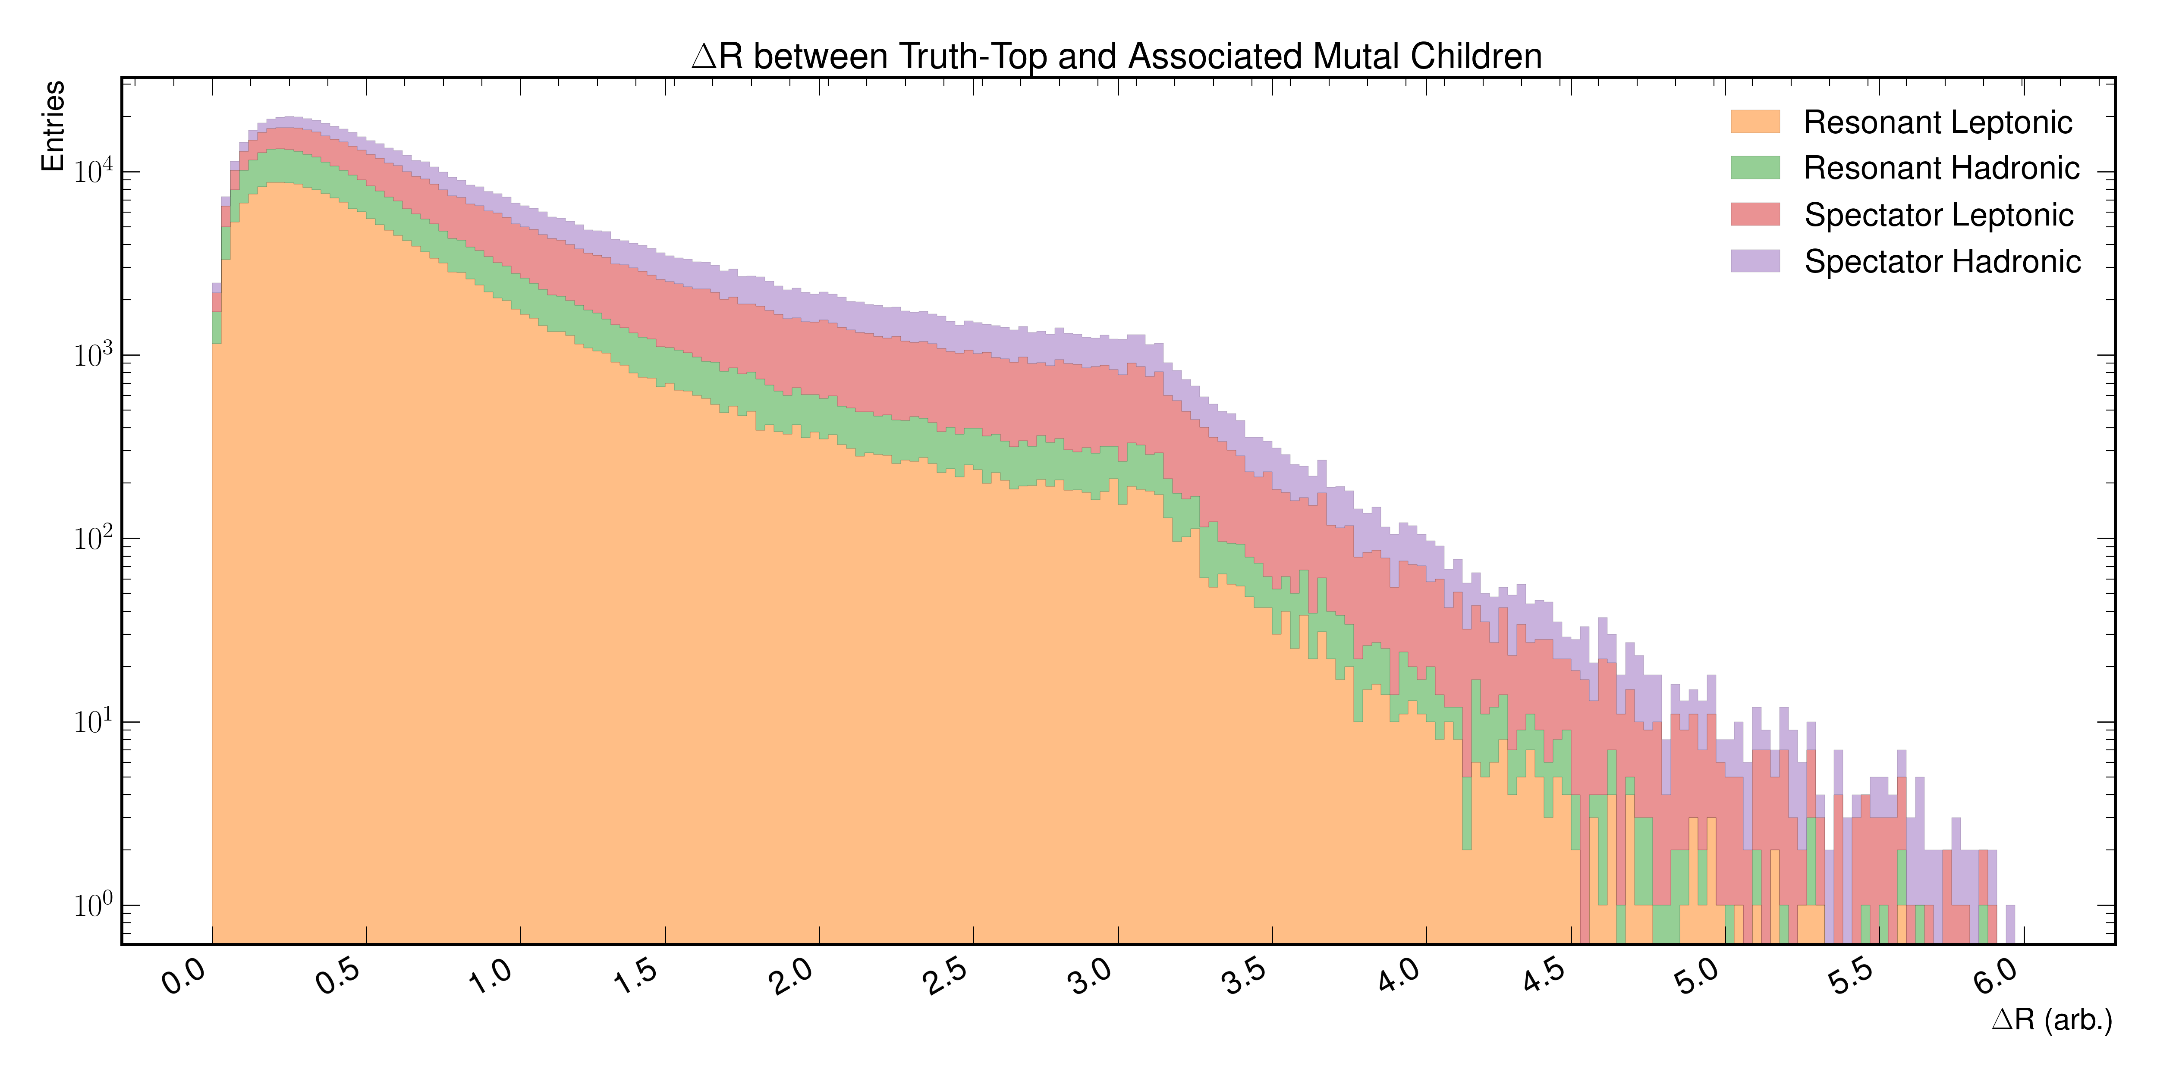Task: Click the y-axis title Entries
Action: (53, 126)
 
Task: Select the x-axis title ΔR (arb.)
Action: (2052, 1019)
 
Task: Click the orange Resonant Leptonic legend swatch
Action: (1755, 121)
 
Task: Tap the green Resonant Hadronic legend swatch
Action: (1755, 167)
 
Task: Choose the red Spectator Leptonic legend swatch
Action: (1755, 214)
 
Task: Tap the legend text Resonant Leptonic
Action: (1937, 122)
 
